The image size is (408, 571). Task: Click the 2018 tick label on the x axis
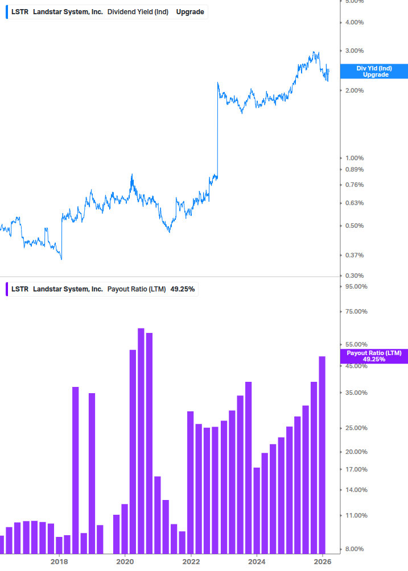[59, 561]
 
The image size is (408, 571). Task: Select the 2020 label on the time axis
[125, 561]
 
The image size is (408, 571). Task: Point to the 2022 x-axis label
[191, 561]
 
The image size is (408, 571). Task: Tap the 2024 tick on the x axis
[257, 561]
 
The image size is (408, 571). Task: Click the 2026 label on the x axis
[322, 561]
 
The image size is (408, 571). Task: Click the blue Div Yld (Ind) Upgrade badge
[374, 71]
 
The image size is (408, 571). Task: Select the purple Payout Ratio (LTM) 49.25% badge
[374, 356]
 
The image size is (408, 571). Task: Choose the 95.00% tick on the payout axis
[356, 286]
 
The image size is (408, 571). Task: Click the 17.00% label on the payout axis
[356, 469]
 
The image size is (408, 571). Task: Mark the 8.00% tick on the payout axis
[355, 549]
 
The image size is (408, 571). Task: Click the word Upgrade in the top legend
[190, 12]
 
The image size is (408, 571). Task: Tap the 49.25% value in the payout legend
[183, 289]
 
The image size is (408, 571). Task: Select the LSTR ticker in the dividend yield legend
[20, 12]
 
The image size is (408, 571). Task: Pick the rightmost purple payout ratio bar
[322, 455]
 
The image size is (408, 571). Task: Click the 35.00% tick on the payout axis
[356, 393]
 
